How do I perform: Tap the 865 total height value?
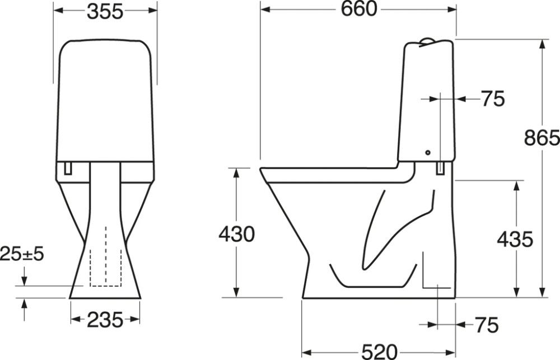click(542, 137)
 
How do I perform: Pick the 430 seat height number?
click(236, 233)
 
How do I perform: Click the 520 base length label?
click(379, 351)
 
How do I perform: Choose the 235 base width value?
click(105, 320)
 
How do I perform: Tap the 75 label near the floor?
click(486, 324)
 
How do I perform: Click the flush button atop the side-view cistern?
click(427, 40)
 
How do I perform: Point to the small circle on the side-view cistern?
click(427, 152)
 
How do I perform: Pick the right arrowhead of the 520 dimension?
click(452, 351)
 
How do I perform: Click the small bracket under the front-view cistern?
click(68, 167)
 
